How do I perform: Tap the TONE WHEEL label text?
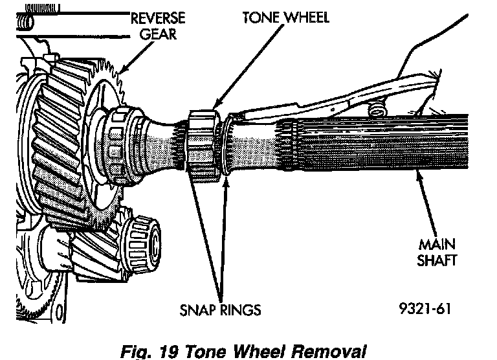coord(285,17)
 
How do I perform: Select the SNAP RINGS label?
coord(219,310)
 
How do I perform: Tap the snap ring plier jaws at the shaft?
coord(236,118)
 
